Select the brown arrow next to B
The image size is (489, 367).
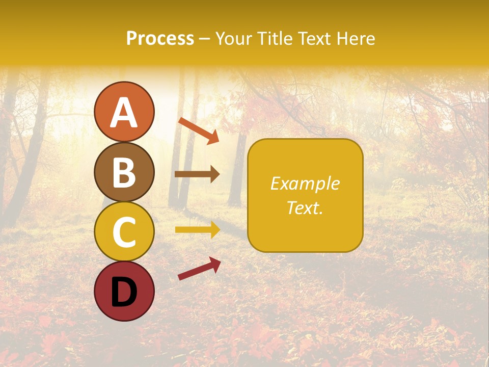tap(197, 174)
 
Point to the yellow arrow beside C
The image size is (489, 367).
tap(197, 230)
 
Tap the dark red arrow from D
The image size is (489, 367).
tap(199, 268)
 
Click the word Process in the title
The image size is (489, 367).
tap(160, 38)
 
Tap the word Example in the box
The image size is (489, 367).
tap(305, 183)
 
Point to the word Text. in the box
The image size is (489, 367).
tap(305, 208)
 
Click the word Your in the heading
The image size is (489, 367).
tap(232, 38)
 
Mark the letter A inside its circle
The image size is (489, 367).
tap(124, 113)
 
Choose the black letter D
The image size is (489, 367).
tap(124, 291)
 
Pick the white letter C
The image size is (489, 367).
tap(124, 232)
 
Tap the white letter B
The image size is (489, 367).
tap(124, 172)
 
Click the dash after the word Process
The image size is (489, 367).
tap(205, 39)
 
